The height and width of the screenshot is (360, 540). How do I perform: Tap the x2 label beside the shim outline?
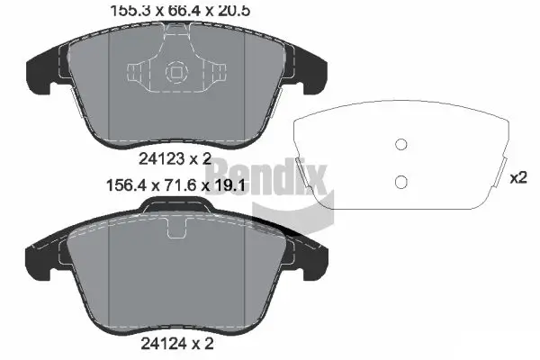click(517, 178)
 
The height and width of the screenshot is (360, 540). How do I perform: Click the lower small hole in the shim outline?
click(402, 184)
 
